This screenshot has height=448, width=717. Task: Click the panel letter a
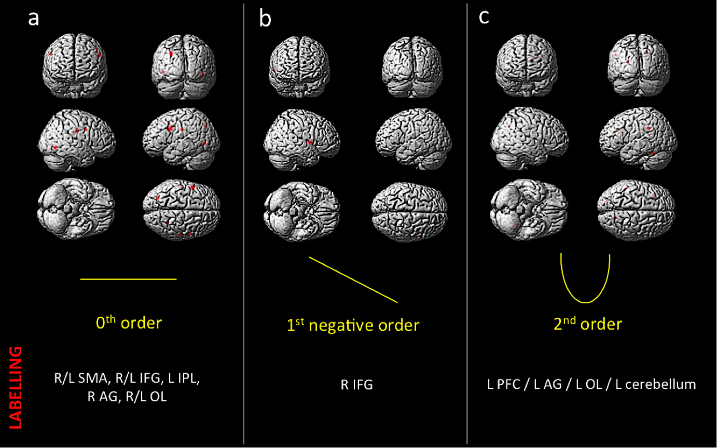34,18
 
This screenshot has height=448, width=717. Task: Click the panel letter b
265,18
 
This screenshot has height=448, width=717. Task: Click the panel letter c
484,17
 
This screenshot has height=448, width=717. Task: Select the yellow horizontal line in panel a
128,279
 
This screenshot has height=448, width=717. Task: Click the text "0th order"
129,323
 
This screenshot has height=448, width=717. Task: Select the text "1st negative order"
353,325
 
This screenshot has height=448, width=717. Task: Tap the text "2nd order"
587,324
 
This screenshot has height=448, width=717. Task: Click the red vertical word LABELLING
16,388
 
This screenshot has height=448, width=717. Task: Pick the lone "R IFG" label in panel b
356,385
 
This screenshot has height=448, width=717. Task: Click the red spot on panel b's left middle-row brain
310,142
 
